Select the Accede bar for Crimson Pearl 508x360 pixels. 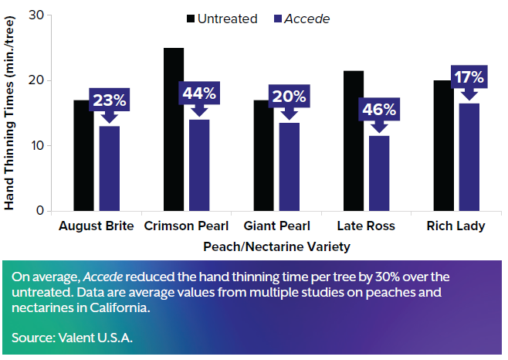(199, 165)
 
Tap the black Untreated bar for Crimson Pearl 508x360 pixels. (174, 129)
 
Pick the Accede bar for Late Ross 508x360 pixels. (379, 173)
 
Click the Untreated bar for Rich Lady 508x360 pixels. (443, 145)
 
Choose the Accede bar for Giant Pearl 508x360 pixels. (289, 166)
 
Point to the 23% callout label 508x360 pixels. (110, 100)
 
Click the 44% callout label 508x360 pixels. (199, 93)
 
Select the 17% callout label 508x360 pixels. (469, 77)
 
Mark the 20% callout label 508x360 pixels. (289, 97)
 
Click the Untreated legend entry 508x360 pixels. (222, 19)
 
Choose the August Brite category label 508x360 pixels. (97, 226)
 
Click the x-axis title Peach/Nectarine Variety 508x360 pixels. (276, 247)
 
